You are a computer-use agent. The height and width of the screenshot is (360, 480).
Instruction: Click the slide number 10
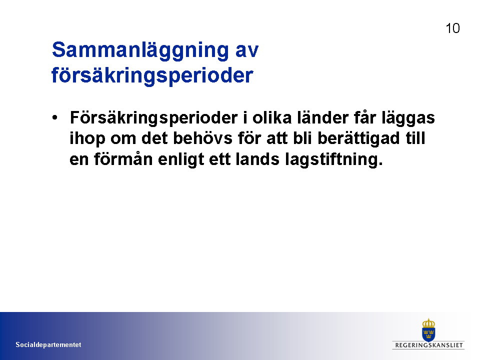[x=452, y=28]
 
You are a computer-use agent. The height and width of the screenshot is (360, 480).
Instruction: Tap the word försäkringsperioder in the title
[x=152, y=76]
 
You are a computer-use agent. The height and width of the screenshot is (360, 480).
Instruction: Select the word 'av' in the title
[x=247, y=51]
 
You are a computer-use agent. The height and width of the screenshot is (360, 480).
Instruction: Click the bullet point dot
[x=55, y=117]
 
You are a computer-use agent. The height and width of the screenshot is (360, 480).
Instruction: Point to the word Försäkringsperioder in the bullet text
[x=154, y=118]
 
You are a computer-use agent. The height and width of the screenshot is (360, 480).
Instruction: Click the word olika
[x=272, y=117]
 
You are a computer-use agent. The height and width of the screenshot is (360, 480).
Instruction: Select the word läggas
[x=408, y=119]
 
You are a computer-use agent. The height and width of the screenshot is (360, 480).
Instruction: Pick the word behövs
[x=202, y=138]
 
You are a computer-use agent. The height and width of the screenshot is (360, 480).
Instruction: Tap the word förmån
[x=123, y=159]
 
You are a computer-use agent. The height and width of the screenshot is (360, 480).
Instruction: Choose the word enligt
[x=181, y=160]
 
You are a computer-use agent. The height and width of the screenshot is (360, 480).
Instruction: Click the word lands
[x=257, y=159]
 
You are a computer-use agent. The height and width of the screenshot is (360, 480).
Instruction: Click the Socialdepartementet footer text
[x=48, y=344]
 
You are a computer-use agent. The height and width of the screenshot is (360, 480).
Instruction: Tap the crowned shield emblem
[x=428, y=330]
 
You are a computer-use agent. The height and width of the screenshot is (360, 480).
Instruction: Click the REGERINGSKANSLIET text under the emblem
[x=428, y=345]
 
